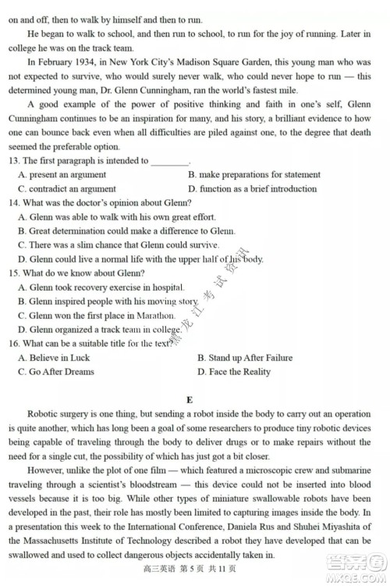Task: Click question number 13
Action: tap(14, 160)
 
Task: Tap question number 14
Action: tap(14, 202)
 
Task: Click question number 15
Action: tap(14, 273)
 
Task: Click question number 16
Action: tap(14, 344)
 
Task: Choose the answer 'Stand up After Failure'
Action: tap(245, 358)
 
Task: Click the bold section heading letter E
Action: tap(190, 400)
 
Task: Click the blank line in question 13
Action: tap(169, 161)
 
